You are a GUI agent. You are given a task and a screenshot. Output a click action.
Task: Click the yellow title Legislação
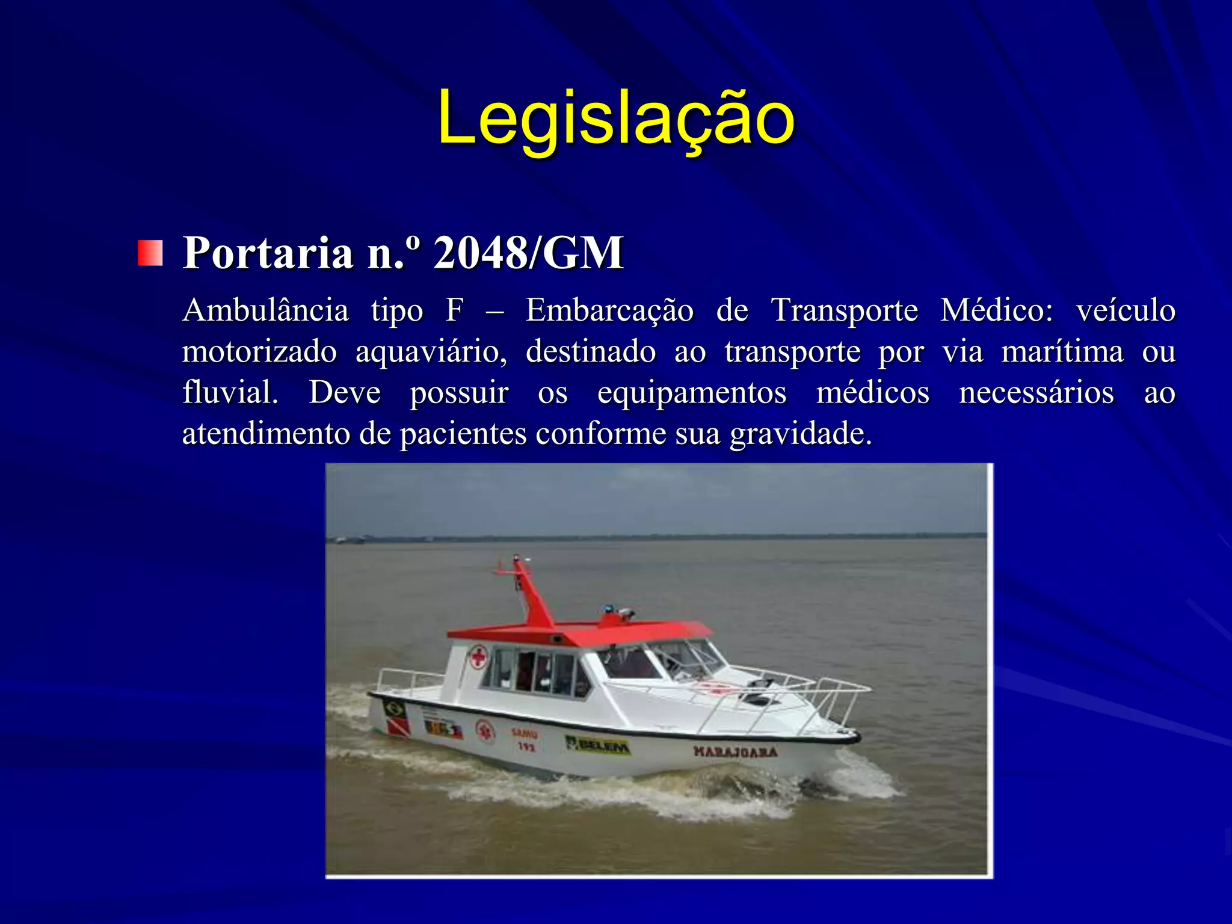[616, 119]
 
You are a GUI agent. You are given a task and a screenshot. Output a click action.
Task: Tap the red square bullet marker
[150, 253]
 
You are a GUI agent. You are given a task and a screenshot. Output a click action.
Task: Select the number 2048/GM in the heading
[528, 253]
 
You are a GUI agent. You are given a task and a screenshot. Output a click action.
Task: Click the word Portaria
[268, 253]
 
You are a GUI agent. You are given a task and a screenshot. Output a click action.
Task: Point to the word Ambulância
[265, 311]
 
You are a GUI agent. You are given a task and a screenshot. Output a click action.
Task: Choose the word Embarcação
[609, 311]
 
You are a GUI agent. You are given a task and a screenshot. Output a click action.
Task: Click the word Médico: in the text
[996, 311]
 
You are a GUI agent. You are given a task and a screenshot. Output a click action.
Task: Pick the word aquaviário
[431, 352]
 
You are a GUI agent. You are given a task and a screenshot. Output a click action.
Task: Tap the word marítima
[1062, 352]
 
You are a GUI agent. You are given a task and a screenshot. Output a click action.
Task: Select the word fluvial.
[230, 393]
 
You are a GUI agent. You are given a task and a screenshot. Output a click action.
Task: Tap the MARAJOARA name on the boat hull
[735, 751]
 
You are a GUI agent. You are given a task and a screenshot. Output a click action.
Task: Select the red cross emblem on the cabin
[478, 656]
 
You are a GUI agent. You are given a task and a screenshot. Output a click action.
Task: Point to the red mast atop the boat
[533, 596]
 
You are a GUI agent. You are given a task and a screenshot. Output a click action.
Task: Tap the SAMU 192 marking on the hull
[525, 740]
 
